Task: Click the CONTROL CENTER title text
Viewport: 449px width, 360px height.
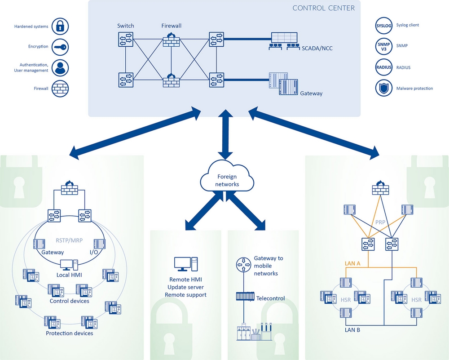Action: click(323, 8)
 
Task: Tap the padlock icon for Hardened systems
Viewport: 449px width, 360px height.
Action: click(59, 27)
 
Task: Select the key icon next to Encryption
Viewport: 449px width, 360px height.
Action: click(59, 47)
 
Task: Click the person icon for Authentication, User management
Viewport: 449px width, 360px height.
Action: click(59, 68)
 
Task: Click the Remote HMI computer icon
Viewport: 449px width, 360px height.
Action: click(185, 264)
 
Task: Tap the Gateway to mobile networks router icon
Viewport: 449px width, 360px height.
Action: click(242, 264)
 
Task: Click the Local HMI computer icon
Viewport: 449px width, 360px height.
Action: click(69, 265)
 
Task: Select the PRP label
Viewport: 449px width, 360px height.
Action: click(379, 222)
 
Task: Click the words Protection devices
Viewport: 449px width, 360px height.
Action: click(70, 333)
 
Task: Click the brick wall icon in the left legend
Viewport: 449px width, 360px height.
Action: click(59, 89)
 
